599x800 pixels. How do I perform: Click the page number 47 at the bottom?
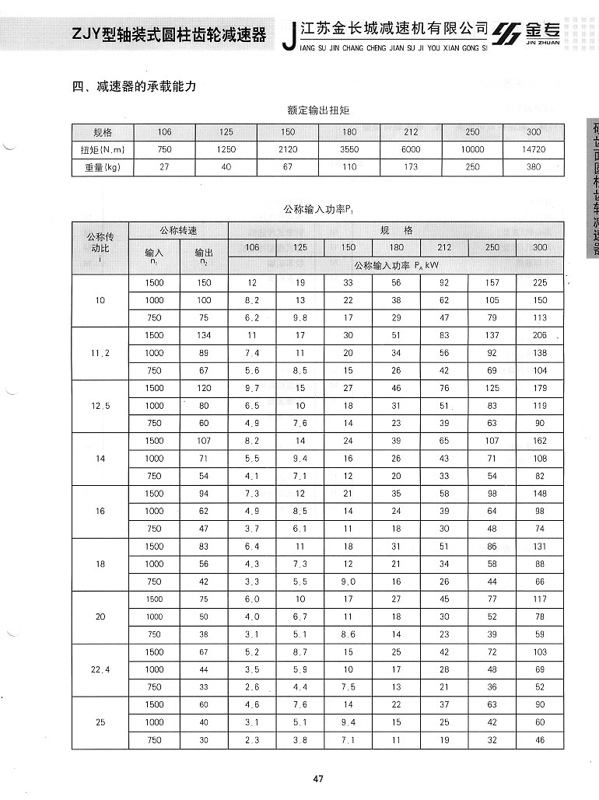[x=317, y=779]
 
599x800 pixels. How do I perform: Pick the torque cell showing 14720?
[x=534, y=149]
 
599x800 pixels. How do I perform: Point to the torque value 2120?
[x=288, y=149]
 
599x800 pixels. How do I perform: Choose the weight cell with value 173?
[x=411, y=167]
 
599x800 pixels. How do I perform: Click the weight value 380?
[x=534, y=167]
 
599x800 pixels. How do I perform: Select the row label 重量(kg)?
[x=103, y=167]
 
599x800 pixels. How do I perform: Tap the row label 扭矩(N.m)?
[x=103, y=149]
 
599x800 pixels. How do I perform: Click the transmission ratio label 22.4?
[x=100, y=669]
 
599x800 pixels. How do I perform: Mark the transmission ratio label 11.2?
[x=100, y=353]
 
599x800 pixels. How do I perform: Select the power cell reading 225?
[x=540, y=283]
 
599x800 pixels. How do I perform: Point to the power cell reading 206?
[x=540, y=335]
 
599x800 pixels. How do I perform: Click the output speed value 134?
[x=204, y=335]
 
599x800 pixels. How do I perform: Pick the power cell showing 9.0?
[x=348, y=582]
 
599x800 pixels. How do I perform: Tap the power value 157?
[x=492, y=283]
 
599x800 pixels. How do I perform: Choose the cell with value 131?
[x=540, y=547]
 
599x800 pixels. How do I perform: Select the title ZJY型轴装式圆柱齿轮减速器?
[x=169, y=35]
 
